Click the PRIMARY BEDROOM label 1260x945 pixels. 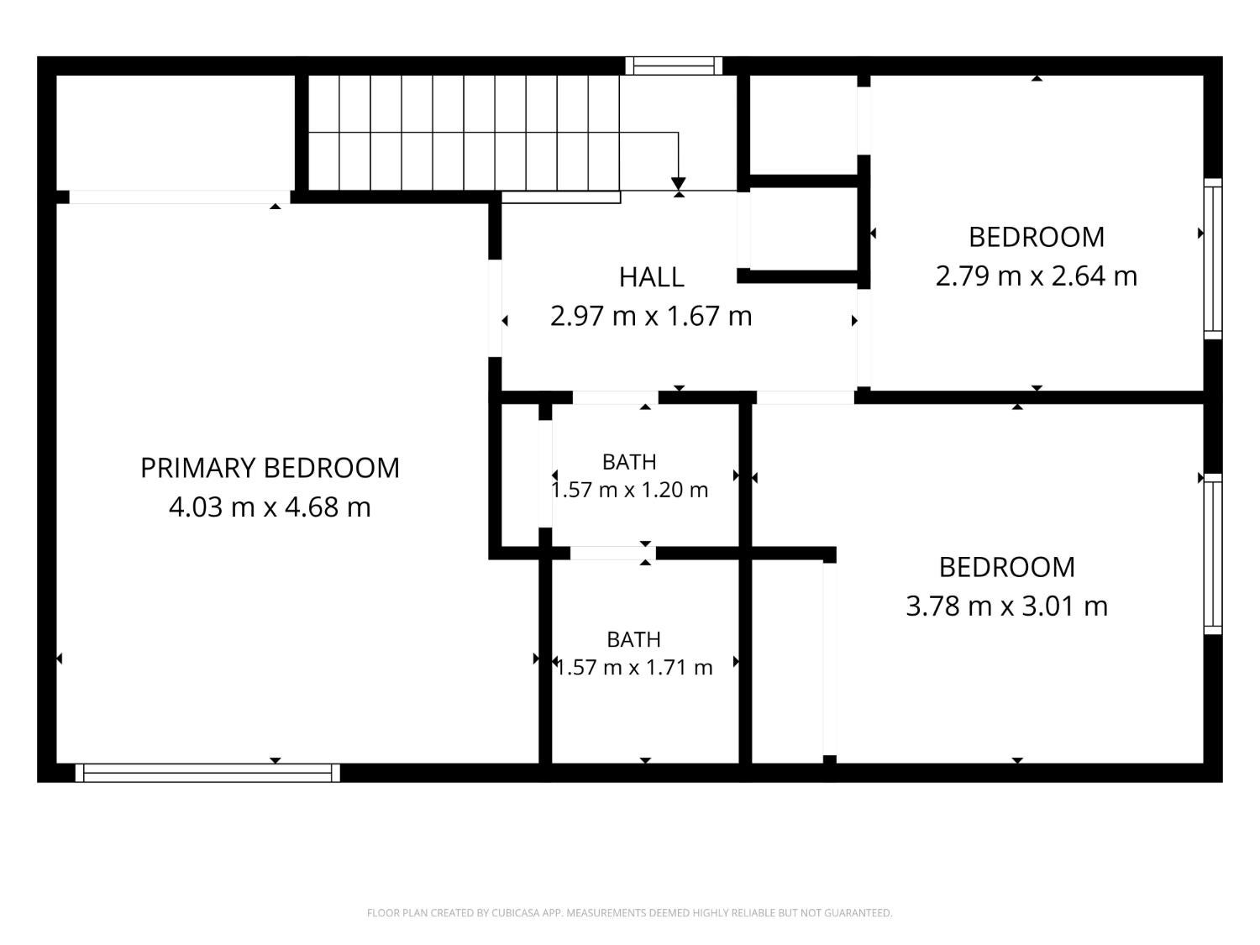point(270,468)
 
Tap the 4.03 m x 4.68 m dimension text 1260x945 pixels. point(270,507)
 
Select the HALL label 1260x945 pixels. point(652,278)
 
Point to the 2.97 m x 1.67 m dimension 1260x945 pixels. point(652,316)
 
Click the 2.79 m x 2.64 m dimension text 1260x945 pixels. point(1036,276)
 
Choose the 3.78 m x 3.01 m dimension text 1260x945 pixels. point(1007,606)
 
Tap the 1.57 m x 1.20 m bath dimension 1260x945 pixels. point(630,490)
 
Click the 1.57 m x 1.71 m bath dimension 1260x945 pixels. point(634,667)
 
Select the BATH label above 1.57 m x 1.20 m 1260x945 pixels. point(630,462)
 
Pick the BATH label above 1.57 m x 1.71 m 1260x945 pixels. point(634,639)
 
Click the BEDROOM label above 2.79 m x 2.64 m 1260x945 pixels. point(1036,238)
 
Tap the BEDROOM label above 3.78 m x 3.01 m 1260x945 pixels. point(1007,568)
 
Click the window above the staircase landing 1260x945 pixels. point(674,66)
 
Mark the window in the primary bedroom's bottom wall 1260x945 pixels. point(207,773)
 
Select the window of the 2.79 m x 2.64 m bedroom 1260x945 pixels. point(1212,259)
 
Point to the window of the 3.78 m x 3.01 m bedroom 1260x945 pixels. point(1212,554)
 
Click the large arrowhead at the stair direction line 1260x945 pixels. point(679,184)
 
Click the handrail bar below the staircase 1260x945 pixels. point(561,197)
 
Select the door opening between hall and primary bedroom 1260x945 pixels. point(495,308)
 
